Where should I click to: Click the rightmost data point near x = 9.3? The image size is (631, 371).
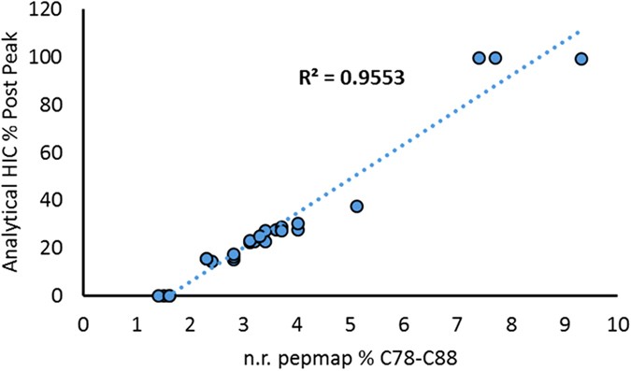coord(581,59)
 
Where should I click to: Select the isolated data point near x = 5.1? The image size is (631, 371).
coord(356,207)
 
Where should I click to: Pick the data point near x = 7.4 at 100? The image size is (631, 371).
coord(479,58)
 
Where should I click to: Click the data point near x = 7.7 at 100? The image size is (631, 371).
coord(495,58)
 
